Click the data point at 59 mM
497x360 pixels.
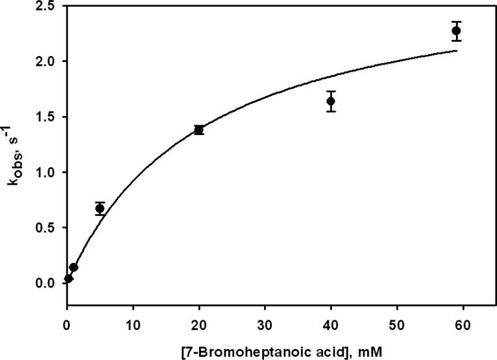[456, 31]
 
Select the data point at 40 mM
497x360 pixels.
[331, 101]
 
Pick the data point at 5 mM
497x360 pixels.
[100, 209]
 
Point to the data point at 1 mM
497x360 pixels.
[74, 267]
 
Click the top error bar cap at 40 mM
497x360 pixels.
[331, 91]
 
